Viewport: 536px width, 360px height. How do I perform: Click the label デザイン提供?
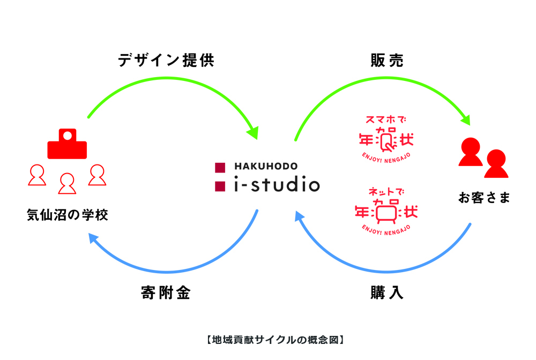point(166,61)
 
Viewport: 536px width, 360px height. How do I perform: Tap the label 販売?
point(387,61)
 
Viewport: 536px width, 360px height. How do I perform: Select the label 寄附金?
point(166,292)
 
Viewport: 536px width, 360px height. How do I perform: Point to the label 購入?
point(387,292)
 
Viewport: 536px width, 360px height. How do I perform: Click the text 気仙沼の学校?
point(68,215)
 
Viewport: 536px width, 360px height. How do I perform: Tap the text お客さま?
point(484,198)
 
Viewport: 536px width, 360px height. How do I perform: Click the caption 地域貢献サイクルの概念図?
point(275,340)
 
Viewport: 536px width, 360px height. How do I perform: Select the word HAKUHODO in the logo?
point(266,166)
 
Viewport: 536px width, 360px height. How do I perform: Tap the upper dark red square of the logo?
point(220,168)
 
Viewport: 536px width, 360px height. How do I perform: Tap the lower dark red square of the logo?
point(220,186)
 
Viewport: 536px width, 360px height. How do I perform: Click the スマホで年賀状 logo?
point(386,139)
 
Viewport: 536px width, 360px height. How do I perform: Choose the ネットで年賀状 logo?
point(386,211)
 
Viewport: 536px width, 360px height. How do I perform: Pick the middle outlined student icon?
point(67,184)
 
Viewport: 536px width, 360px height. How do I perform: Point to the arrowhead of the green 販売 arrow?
point(466,119)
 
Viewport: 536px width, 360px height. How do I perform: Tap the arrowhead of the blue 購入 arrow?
point(300,216)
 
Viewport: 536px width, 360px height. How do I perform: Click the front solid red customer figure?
point(496,164)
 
